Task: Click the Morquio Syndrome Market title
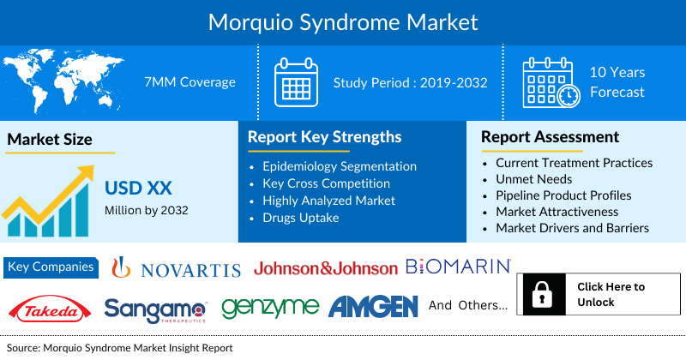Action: pos(343,20)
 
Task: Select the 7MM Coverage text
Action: pos(190,82)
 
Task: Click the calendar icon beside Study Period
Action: pos(296,82)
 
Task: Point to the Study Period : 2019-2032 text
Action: pos(411,82)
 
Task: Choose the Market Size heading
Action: pos(50,139)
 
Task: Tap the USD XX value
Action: pos(135,188)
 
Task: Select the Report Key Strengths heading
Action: pos(324,136)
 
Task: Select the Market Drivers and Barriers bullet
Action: pos(572,228)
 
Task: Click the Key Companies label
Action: pos(51,267)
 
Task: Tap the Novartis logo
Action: pos(178,268)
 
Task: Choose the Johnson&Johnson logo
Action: pos(326,268)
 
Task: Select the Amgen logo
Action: pos(373,306)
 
